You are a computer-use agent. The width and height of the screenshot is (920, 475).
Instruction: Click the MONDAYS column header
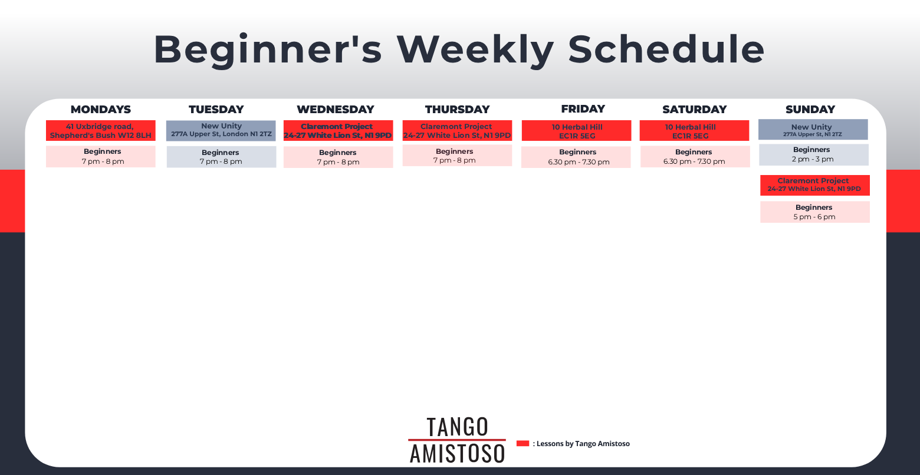click(x=101, y=109)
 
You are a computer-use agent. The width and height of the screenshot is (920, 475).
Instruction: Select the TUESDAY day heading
click(x=216, y=109)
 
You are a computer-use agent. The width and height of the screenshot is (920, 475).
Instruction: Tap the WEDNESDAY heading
click(x=336, y=109)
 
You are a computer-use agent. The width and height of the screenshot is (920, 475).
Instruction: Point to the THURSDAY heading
click(x=457, y=109)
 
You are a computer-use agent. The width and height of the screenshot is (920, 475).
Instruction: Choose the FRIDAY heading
click(x=583, y=109)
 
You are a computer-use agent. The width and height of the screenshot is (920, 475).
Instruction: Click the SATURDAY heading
click(x=695, y=109)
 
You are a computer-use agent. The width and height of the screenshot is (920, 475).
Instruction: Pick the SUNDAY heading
click(x=810, y=109)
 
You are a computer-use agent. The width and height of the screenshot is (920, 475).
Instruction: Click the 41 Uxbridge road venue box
click(x=101, y=131)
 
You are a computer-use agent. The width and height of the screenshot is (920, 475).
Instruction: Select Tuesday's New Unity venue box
click(x=221, y=131)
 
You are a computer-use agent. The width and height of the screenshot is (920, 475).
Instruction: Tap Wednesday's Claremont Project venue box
click(x=338, y=131)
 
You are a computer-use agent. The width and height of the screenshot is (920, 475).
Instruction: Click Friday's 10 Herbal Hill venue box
click(x=576, y=131)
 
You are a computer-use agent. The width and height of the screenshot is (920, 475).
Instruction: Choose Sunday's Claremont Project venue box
click(x=815, y=185)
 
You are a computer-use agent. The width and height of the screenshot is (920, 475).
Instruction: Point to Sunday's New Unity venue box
click(x=813, y=129)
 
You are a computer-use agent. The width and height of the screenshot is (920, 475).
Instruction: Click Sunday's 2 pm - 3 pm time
click(x=813, y=159)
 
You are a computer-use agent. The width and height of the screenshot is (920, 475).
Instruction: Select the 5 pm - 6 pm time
click(x=814, y=217)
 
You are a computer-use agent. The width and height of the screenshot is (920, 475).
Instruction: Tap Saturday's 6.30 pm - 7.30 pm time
click(x=694, y=161)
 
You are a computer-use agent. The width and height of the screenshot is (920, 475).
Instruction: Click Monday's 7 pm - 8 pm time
click(x=103, y=161)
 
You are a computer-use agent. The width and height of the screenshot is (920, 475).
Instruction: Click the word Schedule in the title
click(x=666, y=50)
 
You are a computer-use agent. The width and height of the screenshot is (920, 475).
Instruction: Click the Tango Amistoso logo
click(x=457, y=440)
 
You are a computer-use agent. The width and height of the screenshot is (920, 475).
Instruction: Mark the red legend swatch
click(x=523, y=443)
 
